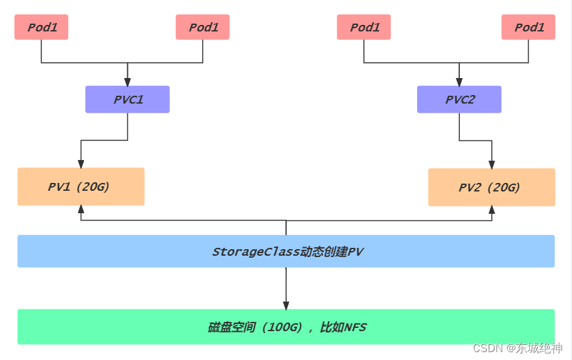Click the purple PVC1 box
tap(127, 100)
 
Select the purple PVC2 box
tap(459, 100)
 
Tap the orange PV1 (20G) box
tap(81, 187)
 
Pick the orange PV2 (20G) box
tap(491, 188)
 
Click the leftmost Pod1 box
tap(41, 28)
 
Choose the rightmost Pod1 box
tap(529, 28)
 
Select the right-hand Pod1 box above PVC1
tap(203, 28)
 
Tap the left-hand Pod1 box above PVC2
tap(364, 28)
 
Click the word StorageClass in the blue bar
tap(255, 252)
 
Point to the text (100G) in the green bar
tap(284, 327)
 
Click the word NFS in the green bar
tap(355, 327)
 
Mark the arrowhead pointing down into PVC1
tap(127, 81)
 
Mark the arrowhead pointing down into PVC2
tap(459, 81)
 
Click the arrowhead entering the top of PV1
tap(81, 163)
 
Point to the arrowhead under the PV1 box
tap(81, 210)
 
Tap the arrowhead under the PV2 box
tap(491, 210)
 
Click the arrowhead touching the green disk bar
tap(286, 305)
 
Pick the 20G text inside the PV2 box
tap(504, 188)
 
